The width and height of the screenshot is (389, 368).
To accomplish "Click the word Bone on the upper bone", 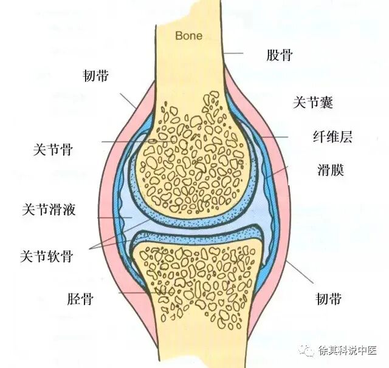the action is (x=188, y=35).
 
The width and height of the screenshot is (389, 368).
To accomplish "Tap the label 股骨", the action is (x=280, y=56).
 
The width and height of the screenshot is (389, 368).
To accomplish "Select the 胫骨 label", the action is (x=80, y=299).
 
